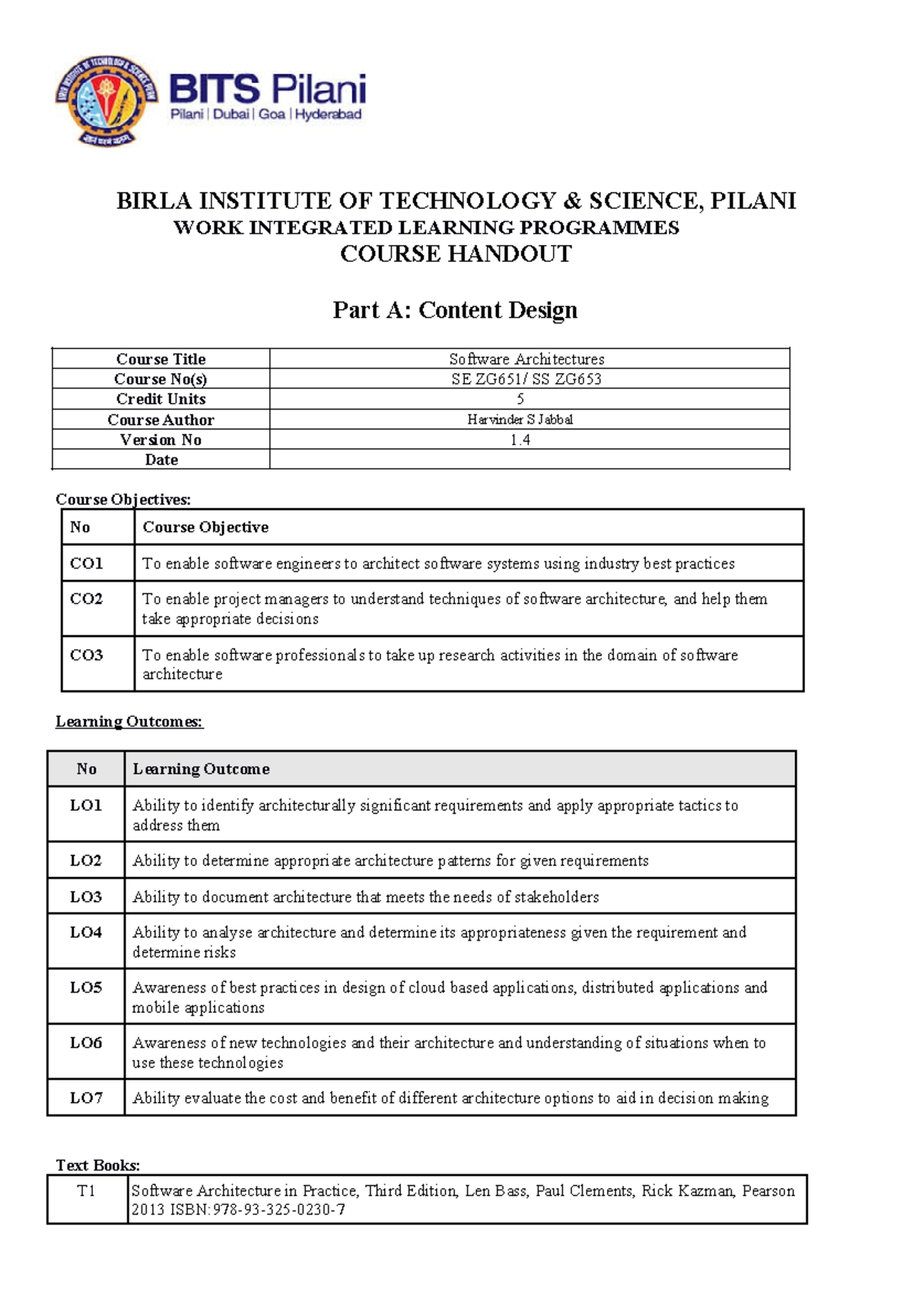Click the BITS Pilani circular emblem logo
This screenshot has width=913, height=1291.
point(107,100)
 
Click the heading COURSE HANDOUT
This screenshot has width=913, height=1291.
point(456,254)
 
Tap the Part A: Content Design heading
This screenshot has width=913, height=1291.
point(455,310)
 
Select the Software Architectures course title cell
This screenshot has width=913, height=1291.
point(526,359)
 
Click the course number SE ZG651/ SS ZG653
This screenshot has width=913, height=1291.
point(526,379)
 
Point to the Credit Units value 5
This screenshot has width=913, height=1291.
point(520,399)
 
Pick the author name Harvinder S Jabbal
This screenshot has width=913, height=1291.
point(520,419)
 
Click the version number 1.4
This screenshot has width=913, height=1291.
point(520,440)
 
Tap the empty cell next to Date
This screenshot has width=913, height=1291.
point(529,460)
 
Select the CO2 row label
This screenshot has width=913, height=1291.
point(86,599)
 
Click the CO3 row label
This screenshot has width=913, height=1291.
point(86,655)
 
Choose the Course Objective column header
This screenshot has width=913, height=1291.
point(205,528)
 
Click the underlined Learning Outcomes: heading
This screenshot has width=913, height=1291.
point(129,722)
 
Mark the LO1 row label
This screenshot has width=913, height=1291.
point(86,805)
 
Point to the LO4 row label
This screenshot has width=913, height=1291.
point(86,932)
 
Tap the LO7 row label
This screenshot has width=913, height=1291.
point(86,1098)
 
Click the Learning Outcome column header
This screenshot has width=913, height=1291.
point(201,769)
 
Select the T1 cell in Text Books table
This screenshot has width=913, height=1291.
point(87,1191)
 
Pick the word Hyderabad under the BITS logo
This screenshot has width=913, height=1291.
point(329,114)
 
